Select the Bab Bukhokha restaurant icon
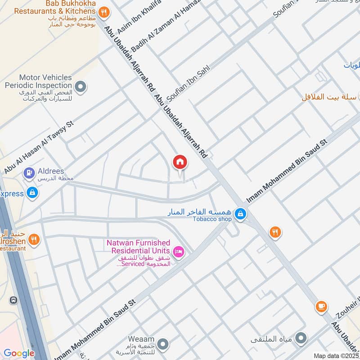[104, 13]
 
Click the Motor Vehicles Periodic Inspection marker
[81, 86]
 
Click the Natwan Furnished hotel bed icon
[179, 252]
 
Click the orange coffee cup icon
[321, 306]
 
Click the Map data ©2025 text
[336, 356]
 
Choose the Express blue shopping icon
[32, 193]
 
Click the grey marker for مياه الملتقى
[302, 337]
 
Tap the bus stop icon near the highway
[14, 300]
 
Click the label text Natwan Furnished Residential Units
[138, 247]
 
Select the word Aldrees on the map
[51, 171]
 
